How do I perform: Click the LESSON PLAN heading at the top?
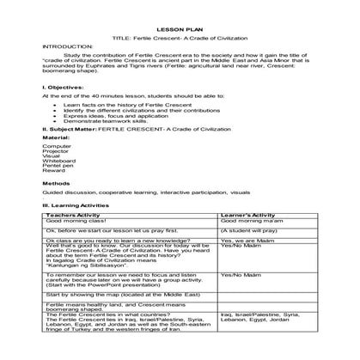point(180,27)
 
